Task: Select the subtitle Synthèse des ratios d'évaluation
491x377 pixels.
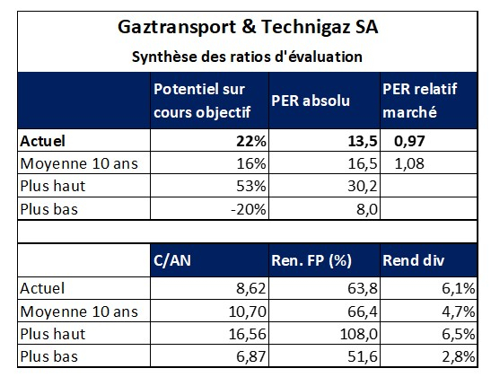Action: pos(248,56)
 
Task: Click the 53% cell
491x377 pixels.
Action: pos(251,185)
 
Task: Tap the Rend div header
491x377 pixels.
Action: pos(411,262)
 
